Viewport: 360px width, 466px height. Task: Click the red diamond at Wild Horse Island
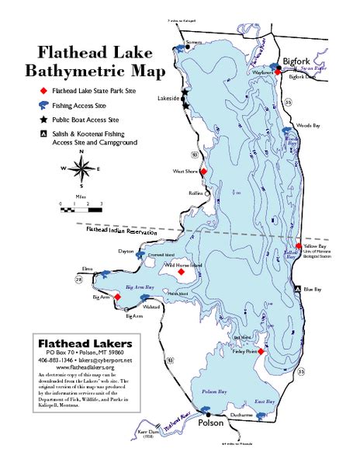pos(181,272)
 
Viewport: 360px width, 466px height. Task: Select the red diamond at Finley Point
pos(261,352)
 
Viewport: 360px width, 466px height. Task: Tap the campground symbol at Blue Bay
pos(296,290)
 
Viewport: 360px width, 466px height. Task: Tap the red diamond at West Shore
pos(203,172)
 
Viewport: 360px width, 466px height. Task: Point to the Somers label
pos(191,41)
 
